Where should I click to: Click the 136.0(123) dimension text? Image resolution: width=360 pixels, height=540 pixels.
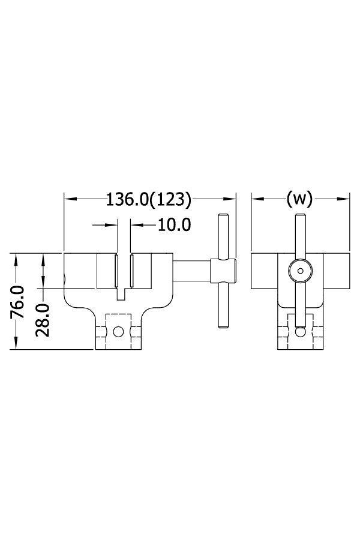[148, 199]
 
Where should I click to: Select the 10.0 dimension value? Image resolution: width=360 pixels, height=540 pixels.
[174, 225]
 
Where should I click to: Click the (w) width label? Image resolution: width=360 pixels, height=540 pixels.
[299, 199]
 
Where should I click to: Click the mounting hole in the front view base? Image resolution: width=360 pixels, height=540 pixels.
[119, 331]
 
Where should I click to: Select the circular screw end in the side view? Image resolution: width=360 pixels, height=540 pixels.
[299, 271]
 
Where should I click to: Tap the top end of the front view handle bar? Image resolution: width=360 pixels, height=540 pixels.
[223, 217]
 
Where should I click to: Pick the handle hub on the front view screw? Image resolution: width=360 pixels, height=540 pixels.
[223, 271]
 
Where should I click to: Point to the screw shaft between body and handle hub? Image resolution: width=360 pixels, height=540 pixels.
[192, 271]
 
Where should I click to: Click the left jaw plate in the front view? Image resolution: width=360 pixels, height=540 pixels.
[115, 271]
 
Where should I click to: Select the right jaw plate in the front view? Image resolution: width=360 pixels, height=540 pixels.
[131, 271]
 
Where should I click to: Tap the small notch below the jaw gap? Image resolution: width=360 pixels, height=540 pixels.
[123, 294]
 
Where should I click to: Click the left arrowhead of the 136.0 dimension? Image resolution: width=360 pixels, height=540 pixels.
[68, 199]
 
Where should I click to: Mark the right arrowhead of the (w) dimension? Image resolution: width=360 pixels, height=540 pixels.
[346, 199]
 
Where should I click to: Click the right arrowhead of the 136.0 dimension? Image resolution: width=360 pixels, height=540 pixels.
[230, 199]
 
